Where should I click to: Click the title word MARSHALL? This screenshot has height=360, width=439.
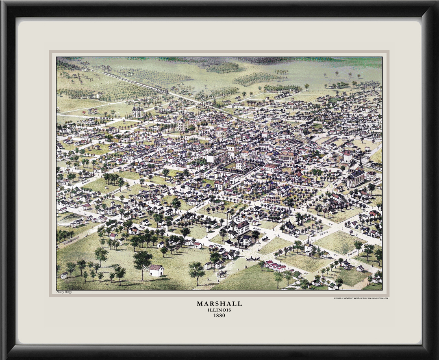(219, 304)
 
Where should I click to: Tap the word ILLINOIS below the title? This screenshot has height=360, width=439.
(219, 310)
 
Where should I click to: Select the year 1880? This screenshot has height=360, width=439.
(219, 315)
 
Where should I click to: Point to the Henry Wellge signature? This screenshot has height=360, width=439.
(64, 292)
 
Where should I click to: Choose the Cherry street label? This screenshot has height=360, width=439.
(352, 252)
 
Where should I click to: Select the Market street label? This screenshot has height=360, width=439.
(200, 206)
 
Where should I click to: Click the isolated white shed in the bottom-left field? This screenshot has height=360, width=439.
(156, 270)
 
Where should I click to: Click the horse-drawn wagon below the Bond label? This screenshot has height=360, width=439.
(252, 258)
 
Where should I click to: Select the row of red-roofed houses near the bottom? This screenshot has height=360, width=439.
(275, 266)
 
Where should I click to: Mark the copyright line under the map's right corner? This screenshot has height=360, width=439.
(361, 298)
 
